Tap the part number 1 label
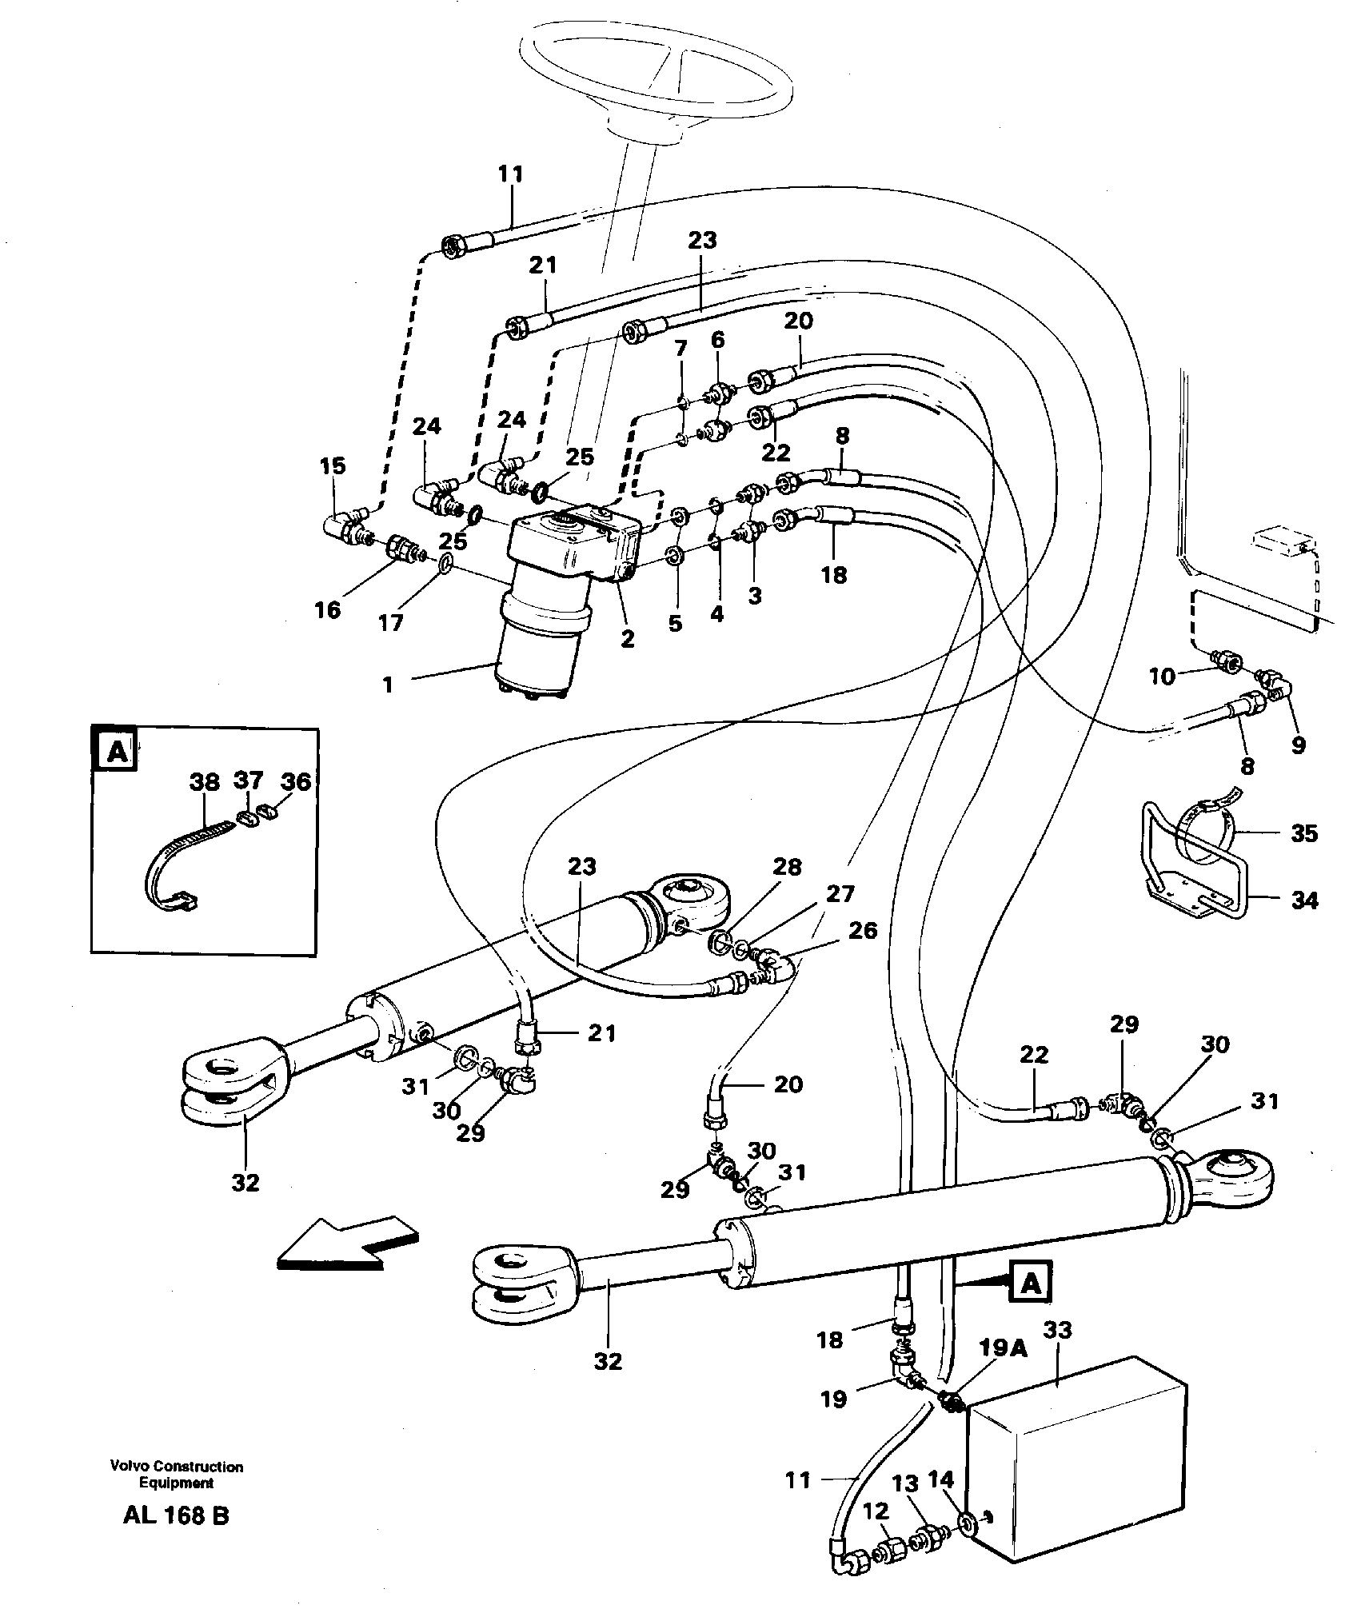click(x=389, y=685)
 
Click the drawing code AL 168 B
click(x=177, y=1538)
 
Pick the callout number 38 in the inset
click(x=205, y=781)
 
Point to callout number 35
click(x=1304, y=833)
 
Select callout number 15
click(x=333, y=466)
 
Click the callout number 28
click(x=787, y=868)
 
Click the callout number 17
click(x=391, y=622)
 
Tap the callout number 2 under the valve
click(x=628, y=638)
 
